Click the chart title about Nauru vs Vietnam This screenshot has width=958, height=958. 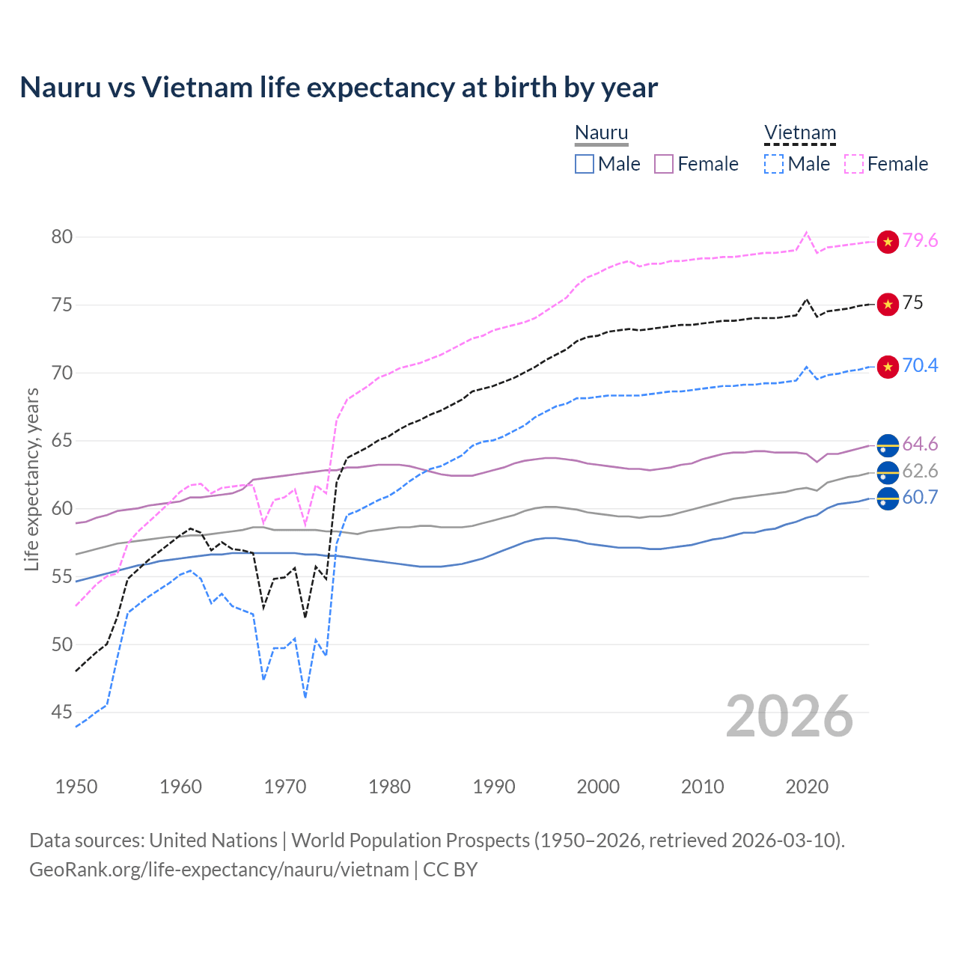point(338,88)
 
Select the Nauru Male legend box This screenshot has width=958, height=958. point(585,164)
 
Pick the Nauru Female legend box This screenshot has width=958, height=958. point(664,164)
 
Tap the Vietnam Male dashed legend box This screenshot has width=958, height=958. point(774,164)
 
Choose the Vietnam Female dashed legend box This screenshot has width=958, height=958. point(854,164)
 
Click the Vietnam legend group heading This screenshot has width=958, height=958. point(799,133)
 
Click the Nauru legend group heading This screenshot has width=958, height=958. point(601,133)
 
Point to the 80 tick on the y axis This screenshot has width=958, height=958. point(62,237)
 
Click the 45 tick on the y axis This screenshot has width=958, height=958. point(62,713)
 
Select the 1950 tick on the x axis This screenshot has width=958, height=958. point(76,787)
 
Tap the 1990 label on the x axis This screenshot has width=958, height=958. point(494,787)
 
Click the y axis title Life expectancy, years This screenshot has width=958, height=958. point(31,479)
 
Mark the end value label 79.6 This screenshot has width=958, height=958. point(920,240)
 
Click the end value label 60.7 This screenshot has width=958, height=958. point(920,497)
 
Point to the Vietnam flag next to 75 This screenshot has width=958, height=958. point(888,304)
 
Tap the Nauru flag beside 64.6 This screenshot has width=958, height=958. point(888,445)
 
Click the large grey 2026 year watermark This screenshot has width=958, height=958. point(790,716)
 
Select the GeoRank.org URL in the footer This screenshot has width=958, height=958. point(219,870)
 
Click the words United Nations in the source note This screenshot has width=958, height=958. point(213,840)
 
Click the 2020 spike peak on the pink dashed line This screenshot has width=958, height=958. point(806,232)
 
